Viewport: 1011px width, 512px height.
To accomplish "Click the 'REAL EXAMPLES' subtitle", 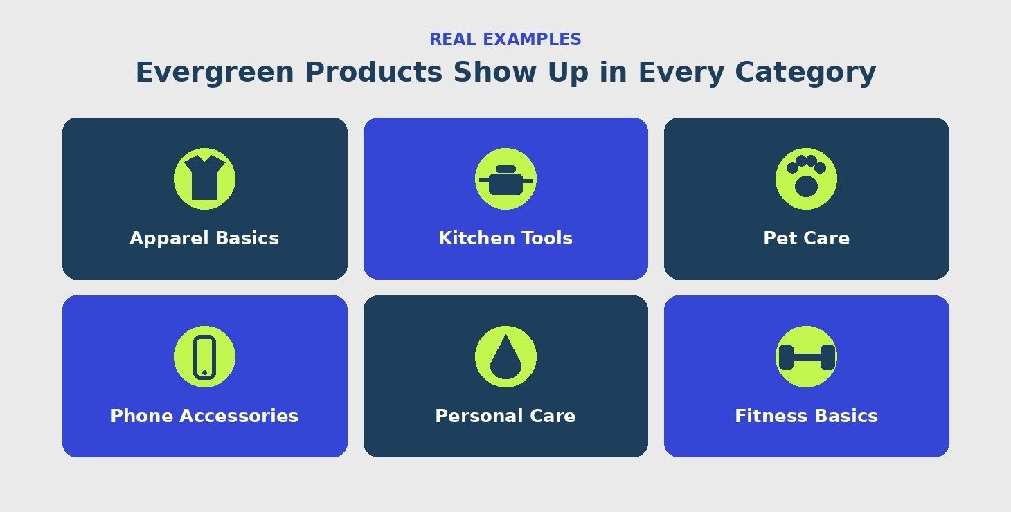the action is coord(505,39).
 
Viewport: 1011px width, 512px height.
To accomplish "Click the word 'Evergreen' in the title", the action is coord(215,73).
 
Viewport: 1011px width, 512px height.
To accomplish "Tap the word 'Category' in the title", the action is coord(805,73).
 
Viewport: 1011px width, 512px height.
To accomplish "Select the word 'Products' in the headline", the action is coord(374,72).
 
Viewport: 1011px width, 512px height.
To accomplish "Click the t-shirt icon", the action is coord(204,179).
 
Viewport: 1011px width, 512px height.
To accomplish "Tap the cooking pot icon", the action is coord(505,180).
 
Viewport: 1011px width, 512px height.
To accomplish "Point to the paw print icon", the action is coord(806,176).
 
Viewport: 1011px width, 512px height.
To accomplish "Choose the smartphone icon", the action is coord(204,356).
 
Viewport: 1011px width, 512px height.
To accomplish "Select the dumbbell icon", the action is coord(806,357).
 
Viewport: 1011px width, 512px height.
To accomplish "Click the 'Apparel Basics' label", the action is coord(204,238).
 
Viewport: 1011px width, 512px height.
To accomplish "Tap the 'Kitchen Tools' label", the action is coord(505,238).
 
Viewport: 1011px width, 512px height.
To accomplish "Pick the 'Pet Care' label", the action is coord(806,238).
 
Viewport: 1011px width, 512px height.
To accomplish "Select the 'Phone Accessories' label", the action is coord(204,416).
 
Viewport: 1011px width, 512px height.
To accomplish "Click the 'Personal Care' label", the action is coord(505,416).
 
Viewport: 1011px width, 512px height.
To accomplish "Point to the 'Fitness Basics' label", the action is coord(806,416).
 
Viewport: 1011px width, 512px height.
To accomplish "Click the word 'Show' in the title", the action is coord(494,72).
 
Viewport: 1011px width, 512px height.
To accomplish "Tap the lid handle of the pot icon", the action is coord(505,169).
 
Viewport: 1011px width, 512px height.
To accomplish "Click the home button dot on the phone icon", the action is coord(204,373).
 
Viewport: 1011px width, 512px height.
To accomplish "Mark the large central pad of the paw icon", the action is coord(806,187).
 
